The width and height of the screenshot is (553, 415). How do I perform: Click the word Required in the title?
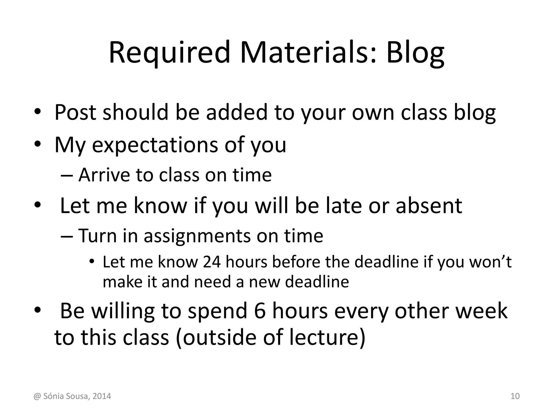point(169,53)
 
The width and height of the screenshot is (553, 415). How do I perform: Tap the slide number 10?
point(515,396)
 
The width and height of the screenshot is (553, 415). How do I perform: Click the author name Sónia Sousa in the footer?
point(66,396)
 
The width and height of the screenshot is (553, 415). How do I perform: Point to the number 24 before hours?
point(212,262)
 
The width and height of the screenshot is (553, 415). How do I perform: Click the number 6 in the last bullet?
point(260,311)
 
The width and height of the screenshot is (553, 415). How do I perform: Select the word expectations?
point(155,145)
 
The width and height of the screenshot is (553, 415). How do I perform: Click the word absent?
point(429,206)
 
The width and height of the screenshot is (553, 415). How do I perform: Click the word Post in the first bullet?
point(75,112)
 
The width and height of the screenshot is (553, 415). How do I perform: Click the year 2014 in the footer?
point(102,396)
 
